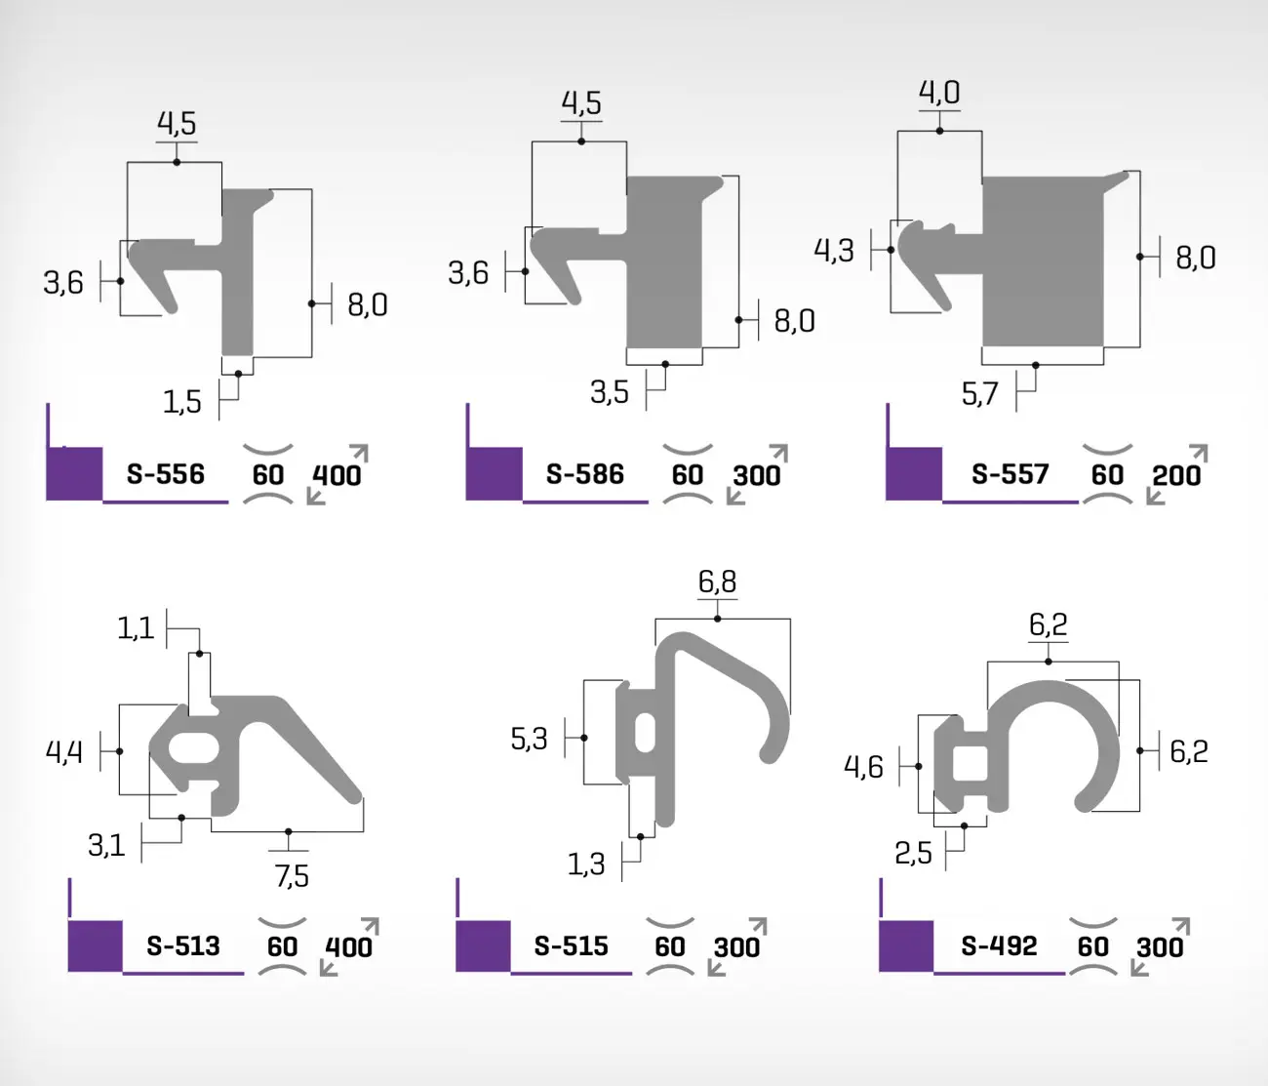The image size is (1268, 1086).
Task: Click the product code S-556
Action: coord(165,474)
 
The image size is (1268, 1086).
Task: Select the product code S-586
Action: coord(584,474)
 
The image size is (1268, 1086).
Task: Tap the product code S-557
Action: coord(1010,474)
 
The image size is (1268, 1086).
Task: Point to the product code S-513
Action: coord(182,945)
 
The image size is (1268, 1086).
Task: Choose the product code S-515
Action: coord(571,945)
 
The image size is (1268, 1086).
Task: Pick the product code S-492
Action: coord(999,945)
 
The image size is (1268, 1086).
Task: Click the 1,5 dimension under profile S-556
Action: coord(181,403)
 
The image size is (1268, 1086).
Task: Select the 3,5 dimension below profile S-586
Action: coord(610,392)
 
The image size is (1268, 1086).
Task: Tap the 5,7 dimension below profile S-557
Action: coord(979,394)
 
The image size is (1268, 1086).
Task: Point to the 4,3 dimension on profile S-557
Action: coord(833,251)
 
